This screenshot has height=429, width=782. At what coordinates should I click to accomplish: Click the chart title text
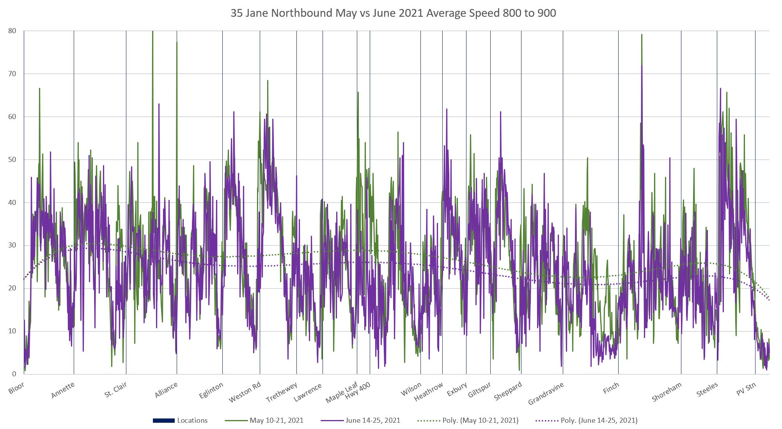pyautogui.click(x=393, y=13)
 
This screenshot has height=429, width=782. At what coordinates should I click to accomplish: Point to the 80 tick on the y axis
pyautogui.click(x=12, y=31)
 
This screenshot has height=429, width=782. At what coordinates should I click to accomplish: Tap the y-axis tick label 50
pyautogui.click(x=12, y=160)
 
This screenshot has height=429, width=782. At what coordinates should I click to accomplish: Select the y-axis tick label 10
pyautogui.click(x=12, y=331)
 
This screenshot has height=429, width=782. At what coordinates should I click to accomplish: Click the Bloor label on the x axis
pyautogui.click(x=16, y=388)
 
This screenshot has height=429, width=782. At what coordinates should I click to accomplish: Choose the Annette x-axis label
pyautogui.click(x=63, y=390)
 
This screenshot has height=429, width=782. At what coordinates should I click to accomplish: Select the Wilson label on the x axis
pyautogui.click(x=411, y=389)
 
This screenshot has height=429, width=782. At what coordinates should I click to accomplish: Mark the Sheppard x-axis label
pyautogui.click(x=508, y=391)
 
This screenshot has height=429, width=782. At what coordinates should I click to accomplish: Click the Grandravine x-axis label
pyautogui.click(x=546, y=393)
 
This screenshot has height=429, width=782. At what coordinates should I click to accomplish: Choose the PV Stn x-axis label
pyautogui.click(x=746, y=389)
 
